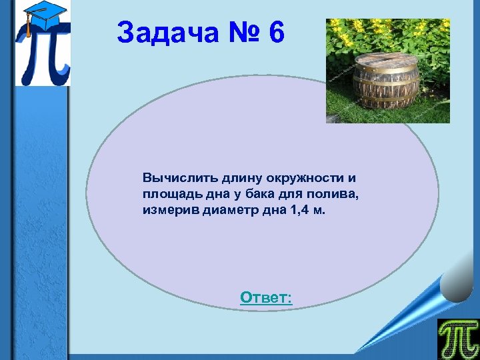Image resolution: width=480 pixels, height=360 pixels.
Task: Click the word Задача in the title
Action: point(167,33)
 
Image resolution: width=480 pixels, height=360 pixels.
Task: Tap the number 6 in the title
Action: point(276,33)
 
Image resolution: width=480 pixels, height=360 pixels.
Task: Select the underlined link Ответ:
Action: point(266,297)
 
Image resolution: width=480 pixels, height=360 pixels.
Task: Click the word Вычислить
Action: point(173,179)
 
